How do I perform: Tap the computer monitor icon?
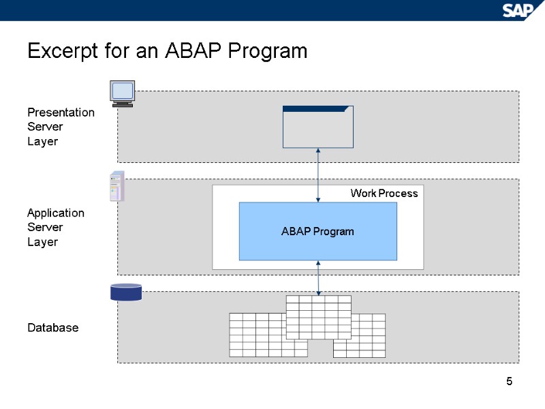[123, 93]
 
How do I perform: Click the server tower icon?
[117, 185]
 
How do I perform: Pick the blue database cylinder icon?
[126, 292]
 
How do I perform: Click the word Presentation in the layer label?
[61, 112]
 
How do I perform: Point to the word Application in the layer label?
[56, 213]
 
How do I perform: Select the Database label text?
[52, 328]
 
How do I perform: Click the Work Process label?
[384, 194]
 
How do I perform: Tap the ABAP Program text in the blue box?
[317, 232]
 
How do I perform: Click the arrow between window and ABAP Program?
[318, 175]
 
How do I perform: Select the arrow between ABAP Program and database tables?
[318, 277]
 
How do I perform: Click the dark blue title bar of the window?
[317, 108]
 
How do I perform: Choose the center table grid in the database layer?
[318, 317]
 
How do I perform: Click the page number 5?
[509, 381]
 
